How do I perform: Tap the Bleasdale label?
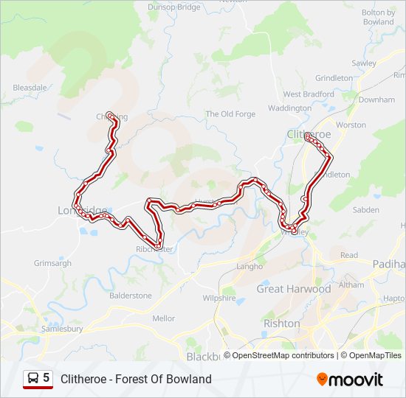30,88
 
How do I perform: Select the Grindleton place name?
334,78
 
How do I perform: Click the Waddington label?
289,108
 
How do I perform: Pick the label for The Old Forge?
230,114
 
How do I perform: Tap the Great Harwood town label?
293,289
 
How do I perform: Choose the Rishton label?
281,324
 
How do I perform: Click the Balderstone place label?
130,296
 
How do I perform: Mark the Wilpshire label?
219,298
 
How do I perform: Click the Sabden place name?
366,210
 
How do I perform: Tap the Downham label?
377,99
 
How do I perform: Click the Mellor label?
163,318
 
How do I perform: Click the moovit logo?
350,380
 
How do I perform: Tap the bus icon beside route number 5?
32,378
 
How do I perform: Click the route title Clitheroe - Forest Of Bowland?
136,379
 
